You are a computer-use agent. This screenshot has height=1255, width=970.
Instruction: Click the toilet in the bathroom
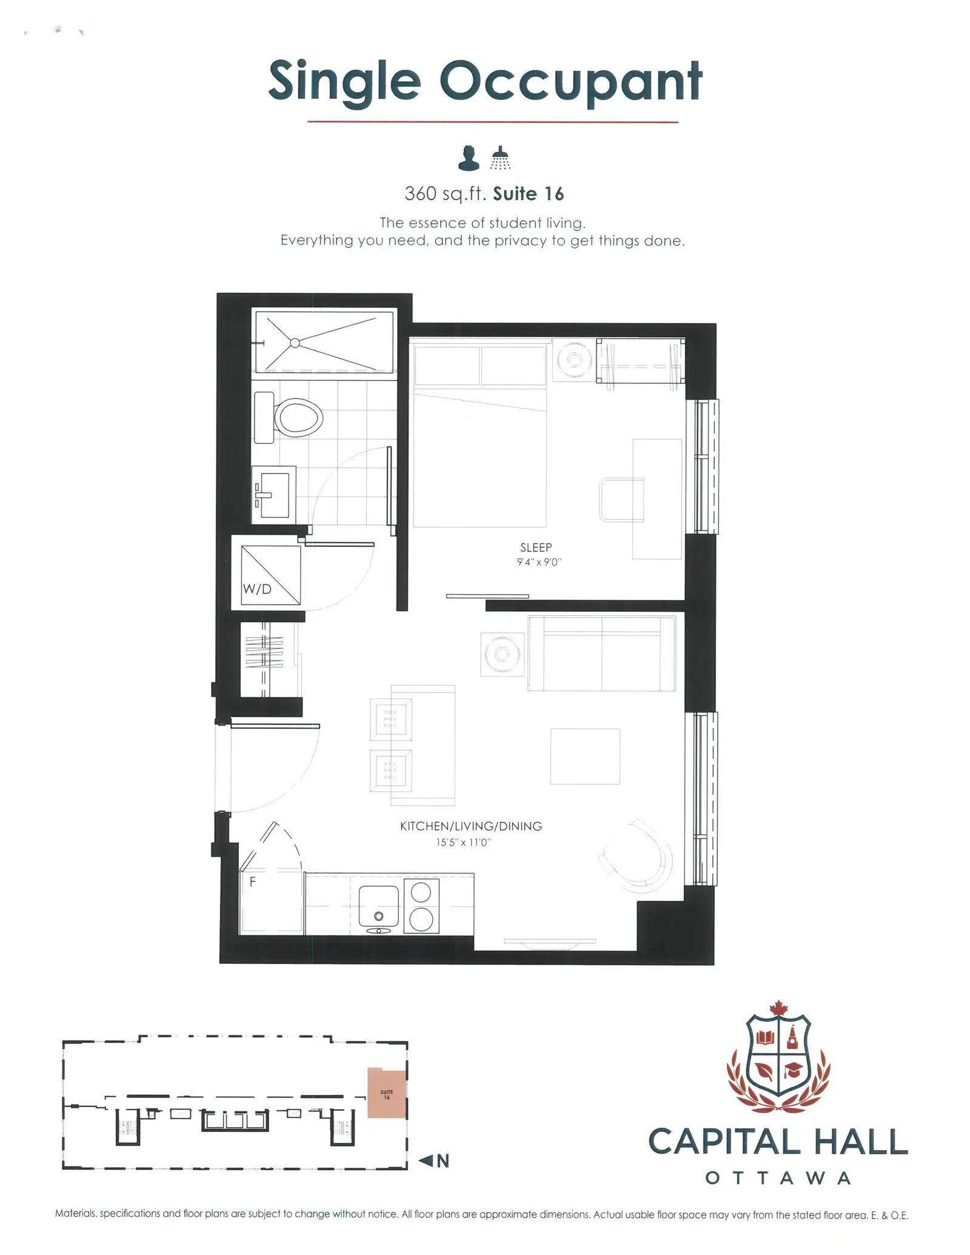pyautogui.click(x=288, y=417)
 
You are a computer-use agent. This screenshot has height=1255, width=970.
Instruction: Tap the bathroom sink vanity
pyautogui.click(x=274, y=495)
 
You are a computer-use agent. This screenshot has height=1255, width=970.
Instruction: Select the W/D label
pyautogui.click(x=257, y=589)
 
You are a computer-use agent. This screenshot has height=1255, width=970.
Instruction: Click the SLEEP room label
pyautogui.click(x=536, y=547)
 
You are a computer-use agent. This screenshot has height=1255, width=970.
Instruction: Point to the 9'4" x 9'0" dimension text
pyautogui.click(x=539, y=562)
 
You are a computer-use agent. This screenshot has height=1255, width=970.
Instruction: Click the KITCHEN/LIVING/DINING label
pyautogui.click(x=471, y=826)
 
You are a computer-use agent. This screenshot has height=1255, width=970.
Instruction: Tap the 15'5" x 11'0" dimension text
pyautogui.click(x=463, y=842)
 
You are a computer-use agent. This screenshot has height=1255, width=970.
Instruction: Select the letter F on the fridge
pyautogui.click(x=253, y=882)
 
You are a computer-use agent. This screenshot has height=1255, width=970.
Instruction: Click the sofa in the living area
pyautogui.click(x=601, y=654)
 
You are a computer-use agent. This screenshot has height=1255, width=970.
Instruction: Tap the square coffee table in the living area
pyautogui.click(x=585, y=756)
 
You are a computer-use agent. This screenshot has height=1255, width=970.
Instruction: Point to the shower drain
pyautogui.click(x=295, y=343)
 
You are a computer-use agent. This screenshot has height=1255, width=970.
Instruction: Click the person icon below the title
pyautogui.click(x=469, y=158)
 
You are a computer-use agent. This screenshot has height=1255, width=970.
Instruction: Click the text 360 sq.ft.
pyautogui.click(x=446, y=194)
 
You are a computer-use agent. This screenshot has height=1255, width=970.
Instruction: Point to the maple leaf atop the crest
pyautogui.click(x=778, y=1008)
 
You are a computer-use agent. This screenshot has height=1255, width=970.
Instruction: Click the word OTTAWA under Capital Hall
pyautogui.click(x=778, y=1179)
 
